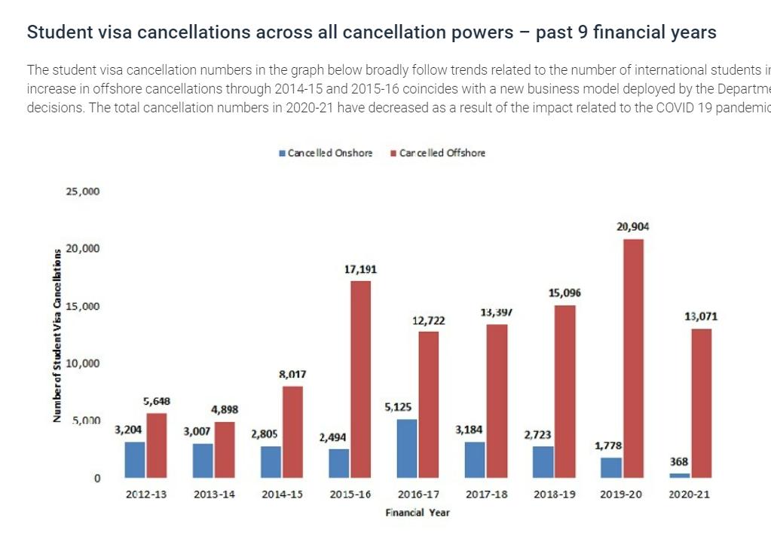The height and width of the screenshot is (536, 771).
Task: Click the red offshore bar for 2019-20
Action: (633, 358)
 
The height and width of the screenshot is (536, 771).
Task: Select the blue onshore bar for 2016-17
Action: (407, 449)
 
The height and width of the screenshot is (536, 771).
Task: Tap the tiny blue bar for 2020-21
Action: (680, 475)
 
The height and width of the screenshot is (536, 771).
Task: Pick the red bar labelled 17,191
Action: (361, 379)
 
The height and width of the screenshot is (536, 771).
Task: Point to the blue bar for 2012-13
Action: (135, 460)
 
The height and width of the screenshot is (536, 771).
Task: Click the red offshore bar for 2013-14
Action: (225, 449)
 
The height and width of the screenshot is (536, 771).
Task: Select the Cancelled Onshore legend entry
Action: (326, 153)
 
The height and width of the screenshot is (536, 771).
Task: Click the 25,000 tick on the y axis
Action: (82, 191)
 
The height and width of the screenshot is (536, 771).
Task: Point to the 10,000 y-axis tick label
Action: (82, 363)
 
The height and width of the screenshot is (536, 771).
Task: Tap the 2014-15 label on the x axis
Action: (282, 495)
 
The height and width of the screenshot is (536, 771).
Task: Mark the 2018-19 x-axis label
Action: (554, 495)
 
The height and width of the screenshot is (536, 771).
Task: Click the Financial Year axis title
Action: (417, 513)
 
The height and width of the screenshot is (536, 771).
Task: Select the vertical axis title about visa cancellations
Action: (58, 335)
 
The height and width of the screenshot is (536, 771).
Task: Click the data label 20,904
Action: (632, 226)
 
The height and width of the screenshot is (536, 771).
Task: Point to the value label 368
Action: (679, 462)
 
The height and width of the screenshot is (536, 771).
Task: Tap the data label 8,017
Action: (292, 375)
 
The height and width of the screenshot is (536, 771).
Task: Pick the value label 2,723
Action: (539, 435)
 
